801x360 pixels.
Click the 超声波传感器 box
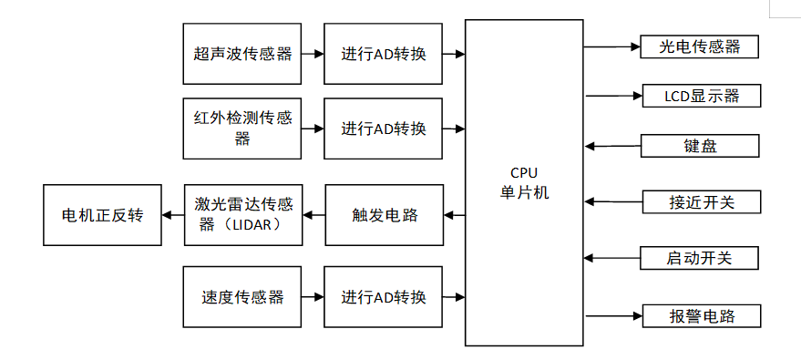coord(241,54)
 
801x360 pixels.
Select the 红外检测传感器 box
coord(241,129)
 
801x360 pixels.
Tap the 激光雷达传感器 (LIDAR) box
coord(241,214)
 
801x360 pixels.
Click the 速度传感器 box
coord(241,297)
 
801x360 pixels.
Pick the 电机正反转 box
coord(102,215)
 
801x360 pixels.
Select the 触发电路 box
coord(384,215)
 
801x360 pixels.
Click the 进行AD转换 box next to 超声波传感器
coord(384,54)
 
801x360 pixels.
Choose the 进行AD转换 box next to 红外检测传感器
coord(384,129)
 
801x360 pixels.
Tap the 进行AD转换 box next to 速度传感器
coord(384,297)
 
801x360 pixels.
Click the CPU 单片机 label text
coord(524,182)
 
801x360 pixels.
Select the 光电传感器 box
coord(700,46)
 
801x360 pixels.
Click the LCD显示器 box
coord(700,95)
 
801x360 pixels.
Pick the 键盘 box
coord(700,146)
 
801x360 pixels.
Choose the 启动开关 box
coord(699,258)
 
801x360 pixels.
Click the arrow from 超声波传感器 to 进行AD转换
coord(313,54)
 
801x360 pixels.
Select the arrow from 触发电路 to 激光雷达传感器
coord(313,215)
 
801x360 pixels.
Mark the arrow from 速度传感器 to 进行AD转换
coord(313,297)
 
